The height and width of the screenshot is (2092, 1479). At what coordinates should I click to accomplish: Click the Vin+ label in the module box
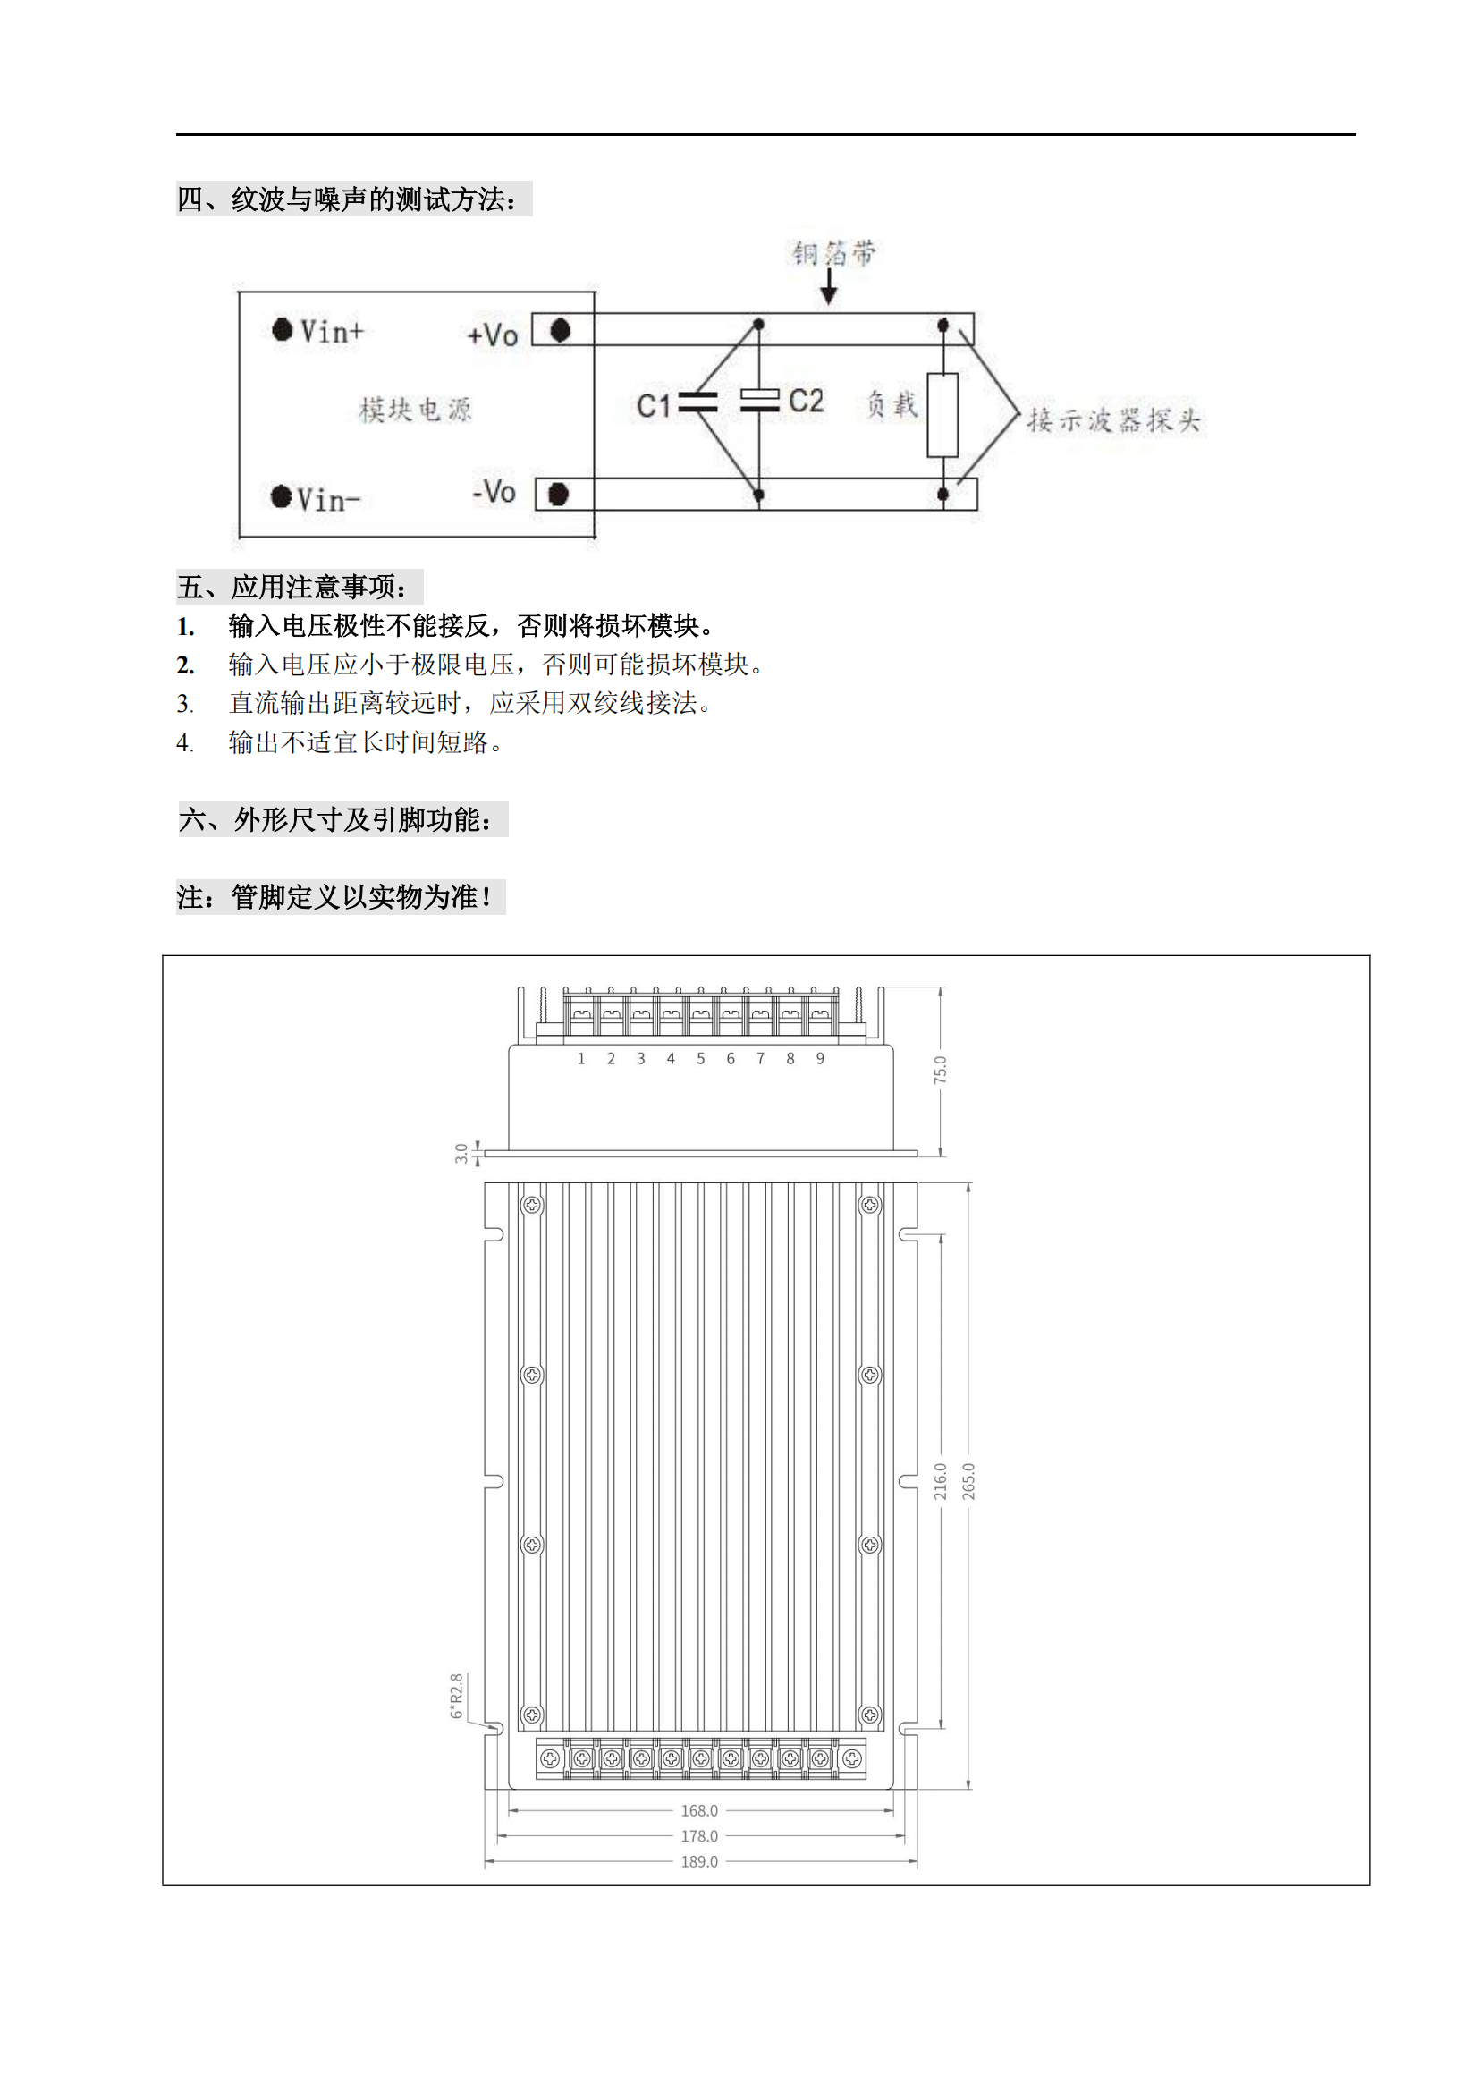(x=332, y=331)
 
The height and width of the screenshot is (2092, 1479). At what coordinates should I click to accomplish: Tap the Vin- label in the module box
(x=329, y=499)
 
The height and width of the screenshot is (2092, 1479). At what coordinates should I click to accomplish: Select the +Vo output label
(x=493, y=335)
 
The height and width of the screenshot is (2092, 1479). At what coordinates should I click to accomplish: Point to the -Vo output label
(x=494, y=492)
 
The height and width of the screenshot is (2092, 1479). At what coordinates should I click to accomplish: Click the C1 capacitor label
(x=653, y=405)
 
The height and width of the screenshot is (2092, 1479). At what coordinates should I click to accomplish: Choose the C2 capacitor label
(x=806, y=401)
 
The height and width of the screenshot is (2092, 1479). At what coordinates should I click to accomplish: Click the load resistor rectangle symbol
(x=942, y=415)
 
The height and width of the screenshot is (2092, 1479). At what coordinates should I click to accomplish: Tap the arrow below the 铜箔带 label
(x=829, y=286)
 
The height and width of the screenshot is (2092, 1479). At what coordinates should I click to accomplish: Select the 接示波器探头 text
(x=1114, y=420)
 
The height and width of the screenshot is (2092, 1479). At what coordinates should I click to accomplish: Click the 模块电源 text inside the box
(x=415, y=409)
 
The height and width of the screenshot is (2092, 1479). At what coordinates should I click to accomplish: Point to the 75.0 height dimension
(x=941, y=1070)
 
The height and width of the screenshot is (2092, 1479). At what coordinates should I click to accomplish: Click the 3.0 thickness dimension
(x=461, y=1154)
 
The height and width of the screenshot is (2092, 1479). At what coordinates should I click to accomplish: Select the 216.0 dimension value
(x=941, y=1481)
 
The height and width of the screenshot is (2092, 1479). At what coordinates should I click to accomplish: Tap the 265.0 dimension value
(x=969, y=1481)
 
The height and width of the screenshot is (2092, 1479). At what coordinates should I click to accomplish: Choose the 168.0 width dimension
(x=699, y=1810)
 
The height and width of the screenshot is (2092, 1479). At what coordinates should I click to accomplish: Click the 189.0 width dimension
(x=699, y=1861)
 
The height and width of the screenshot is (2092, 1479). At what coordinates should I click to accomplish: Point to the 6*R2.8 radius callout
(x=456, y=1696)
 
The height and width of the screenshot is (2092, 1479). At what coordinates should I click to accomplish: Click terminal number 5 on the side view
(x=700, y=1058)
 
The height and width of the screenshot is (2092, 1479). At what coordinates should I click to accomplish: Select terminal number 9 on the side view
(x=821, y=1058)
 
